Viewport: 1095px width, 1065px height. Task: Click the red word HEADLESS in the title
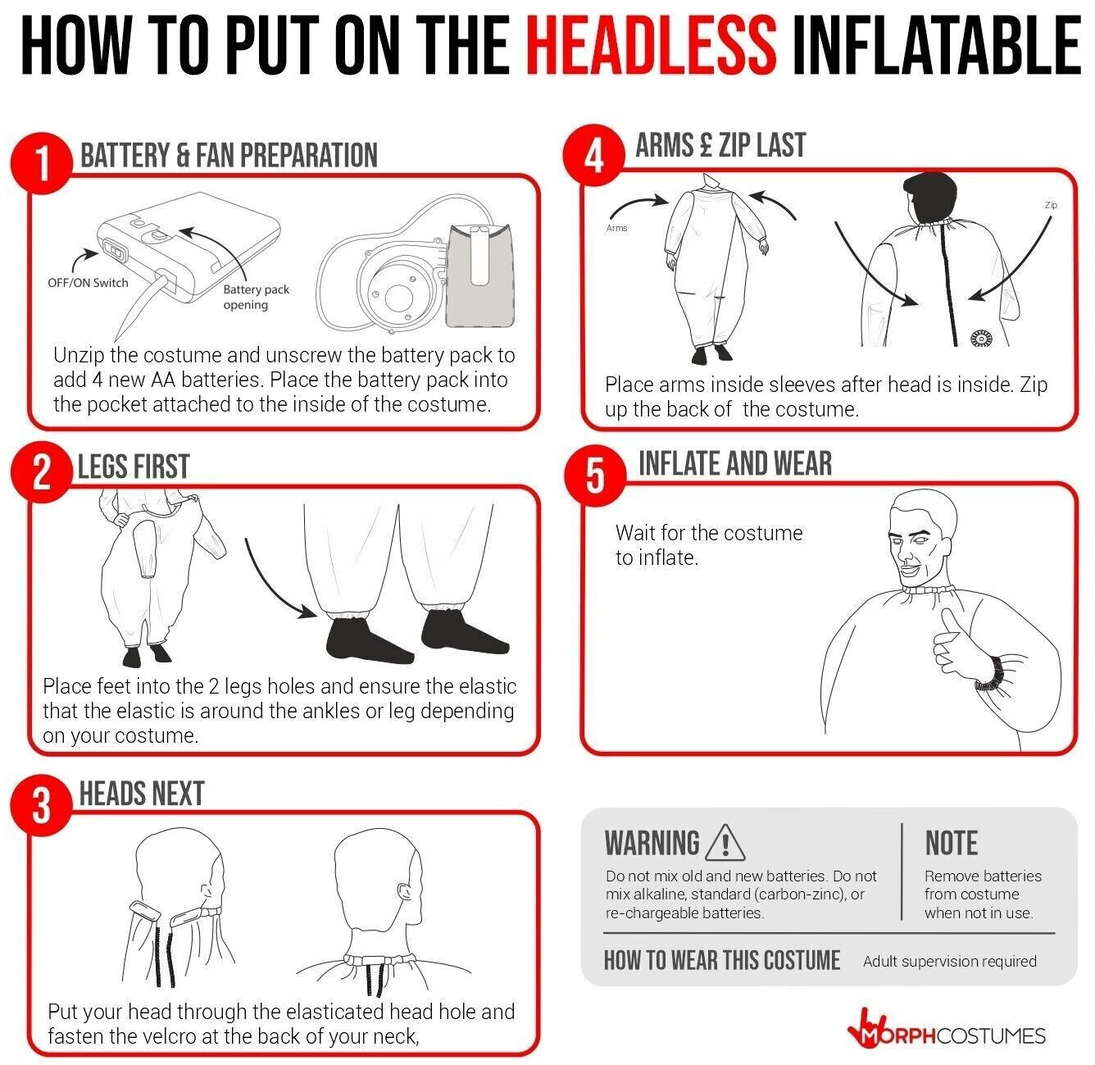click(x=651, y=45)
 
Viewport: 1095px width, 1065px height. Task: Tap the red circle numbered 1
click(x=41, y=163)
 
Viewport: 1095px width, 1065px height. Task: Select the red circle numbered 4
click(x=594, y=156)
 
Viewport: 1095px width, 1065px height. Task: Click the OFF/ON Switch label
click(x=88, y=283)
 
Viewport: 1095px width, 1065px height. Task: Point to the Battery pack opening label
click(x=256, y=297)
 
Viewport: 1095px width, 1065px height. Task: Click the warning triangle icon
click(x=725, y=843)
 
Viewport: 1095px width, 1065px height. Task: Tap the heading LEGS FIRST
click(x=134, y=467)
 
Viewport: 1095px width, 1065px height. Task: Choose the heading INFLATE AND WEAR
click(x=735, y=464)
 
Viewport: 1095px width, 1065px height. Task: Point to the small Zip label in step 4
click(x=1051, y=205)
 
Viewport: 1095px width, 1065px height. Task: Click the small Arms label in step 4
click(x=616, y=228)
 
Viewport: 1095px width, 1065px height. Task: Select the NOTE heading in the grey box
click(x=952, y=843)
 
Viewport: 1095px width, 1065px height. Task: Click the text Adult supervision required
click(x=949, y=961)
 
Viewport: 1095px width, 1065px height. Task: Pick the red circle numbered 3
click(x=41, y=806)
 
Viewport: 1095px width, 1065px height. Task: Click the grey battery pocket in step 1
click(x=480, y=275)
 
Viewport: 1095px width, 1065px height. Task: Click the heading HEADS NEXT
click(x=141, y=794)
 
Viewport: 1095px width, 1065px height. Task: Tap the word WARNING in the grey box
click(x=652, y=843)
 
